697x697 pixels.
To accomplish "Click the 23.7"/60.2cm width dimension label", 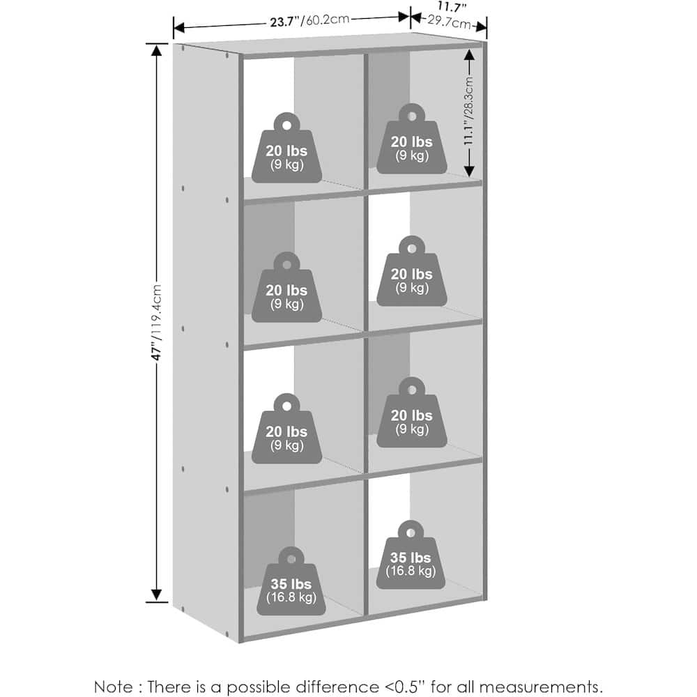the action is click(x=309, y=21).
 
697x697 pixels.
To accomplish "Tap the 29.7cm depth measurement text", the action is click(x=449, y=22).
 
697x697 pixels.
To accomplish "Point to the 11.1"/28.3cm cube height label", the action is click(x=468, y=111).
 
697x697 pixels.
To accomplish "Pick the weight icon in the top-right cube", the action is click(x=412, y=139).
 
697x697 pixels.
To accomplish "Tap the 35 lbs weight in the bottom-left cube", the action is click(x=291, y=581).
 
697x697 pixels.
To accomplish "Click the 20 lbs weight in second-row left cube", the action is click(x=286, y=288).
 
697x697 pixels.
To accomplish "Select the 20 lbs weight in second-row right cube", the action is click(x=412, y=271).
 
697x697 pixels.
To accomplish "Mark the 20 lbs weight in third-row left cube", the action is click(x=286, y=429).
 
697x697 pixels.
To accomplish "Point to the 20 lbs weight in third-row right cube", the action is click(x=412, y=413).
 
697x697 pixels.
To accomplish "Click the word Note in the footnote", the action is click(x=114, y=687).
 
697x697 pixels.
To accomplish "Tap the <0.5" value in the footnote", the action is click(x=406, y=686).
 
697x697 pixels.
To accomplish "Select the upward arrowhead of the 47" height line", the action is click(x=156, y=50).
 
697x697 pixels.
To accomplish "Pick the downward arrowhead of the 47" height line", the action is click(x=156, y=595).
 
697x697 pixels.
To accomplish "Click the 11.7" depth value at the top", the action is click(x=452, y=7).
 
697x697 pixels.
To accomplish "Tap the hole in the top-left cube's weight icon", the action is click(x=286, y=125).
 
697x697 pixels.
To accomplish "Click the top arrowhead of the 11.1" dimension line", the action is click(x=469, y=54).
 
